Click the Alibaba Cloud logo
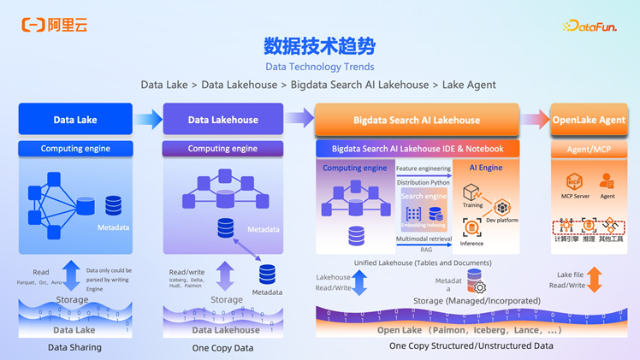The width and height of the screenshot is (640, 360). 54,26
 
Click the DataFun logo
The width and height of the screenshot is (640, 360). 590,27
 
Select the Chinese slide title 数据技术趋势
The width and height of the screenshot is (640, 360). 319,45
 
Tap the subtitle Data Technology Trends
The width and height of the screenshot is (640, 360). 319,66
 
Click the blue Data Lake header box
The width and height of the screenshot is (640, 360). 75,120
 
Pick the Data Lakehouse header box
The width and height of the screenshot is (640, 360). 222,120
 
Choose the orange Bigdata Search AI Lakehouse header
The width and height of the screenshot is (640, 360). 417,120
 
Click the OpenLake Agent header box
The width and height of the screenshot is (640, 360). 589,120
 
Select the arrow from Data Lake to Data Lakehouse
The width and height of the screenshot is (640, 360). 148,120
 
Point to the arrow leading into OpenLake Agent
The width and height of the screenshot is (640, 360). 536,120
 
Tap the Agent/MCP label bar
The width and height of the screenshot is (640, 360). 589,149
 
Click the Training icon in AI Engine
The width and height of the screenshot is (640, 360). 471,192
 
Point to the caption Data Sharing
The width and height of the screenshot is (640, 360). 74,347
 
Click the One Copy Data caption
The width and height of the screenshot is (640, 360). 222,348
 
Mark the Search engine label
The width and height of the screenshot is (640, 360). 424,197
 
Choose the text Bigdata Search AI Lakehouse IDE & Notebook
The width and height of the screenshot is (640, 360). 417,149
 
